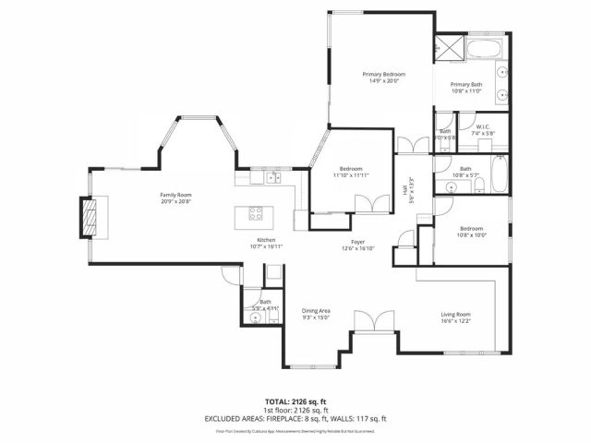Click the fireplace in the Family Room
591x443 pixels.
90,219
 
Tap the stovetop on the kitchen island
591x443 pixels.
256,213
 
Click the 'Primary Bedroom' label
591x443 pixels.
383,74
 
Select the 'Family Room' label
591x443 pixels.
175,195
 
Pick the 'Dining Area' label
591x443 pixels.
316,311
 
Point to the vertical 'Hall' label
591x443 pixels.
404,190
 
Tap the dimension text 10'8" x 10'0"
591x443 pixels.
472,234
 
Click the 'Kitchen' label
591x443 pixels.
267,241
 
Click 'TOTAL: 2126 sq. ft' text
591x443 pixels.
295,401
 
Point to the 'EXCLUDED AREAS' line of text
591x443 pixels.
295,418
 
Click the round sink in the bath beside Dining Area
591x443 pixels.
256,318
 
